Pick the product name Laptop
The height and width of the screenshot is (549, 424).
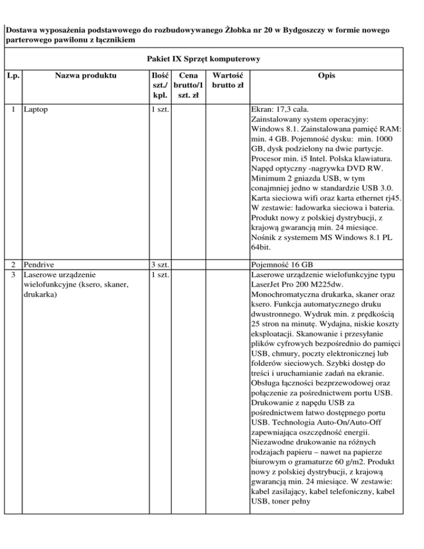pyautogui.click(x=35, y=109)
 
